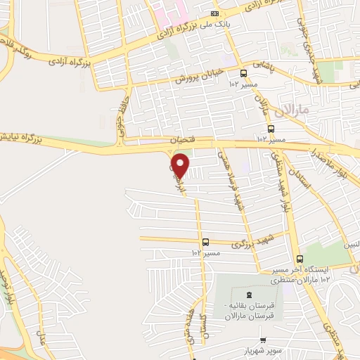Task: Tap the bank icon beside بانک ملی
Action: pyautogui.click(x=215, y=14)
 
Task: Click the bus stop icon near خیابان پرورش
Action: pyautogui.click(x=243, y=73)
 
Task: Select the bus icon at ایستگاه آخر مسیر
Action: pyautogui.click(x=300, y=259)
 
